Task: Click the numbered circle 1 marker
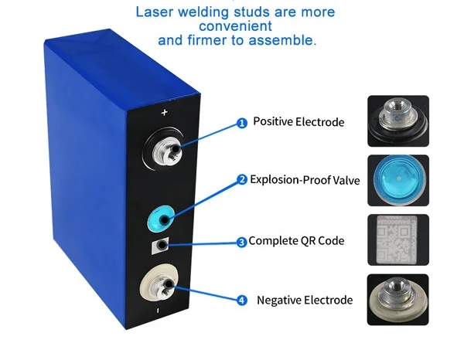241,123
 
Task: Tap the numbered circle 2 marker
242,180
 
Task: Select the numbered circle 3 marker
241,242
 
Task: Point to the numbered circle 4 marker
241,301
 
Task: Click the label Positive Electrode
299,122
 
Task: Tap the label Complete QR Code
296,241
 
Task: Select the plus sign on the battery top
164,113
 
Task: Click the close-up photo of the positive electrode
397,121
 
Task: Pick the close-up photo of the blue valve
397,180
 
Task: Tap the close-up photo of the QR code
397,240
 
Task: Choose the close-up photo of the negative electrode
397,300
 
